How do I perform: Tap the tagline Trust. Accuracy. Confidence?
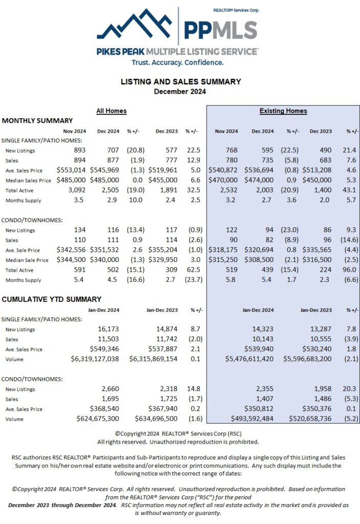(178, 62)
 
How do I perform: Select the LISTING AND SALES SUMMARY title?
(180, 81)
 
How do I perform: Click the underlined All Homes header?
(111, 111)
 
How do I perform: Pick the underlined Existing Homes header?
(283, 111)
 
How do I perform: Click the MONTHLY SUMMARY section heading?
(37, 121)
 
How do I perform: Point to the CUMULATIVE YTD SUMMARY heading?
(52, 299)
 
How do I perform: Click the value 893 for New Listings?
(79, 150)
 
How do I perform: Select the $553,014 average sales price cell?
(71, 170)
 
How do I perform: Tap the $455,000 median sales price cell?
(163, 180)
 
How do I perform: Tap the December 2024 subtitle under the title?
(180, 92)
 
